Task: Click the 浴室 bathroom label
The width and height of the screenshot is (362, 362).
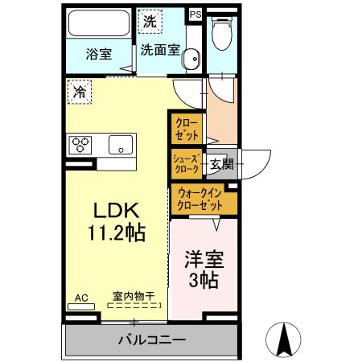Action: [x=99, y=55]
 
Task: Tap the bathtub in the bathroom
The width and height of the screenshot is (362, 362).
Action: [x=97, y=23]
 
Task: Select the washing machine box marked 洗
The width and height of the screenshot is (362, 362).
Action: [x=150, y=23]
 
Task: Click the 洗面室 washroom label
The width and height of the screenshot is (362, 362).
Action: [x=158, y=49]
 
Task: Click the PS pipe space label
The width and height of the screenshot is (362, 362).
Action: [x=195, y=14]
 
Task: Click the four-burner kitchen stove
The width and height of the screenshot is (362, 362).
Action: [x=82, y=146]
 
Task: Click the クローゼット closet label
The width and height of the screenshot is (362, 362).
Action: [x=187, y=130]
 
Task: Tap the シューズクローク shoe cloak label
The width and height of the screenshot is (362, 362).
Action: [x=186, y=163]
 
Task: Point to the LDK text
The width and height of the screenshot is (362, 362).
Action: [x=118, y=211]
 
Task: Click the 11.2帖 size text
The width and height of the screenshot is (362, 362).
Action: [x=117, y=234]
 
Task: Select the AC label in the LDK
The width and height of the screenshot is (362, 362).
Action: [x=81, y=298]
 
